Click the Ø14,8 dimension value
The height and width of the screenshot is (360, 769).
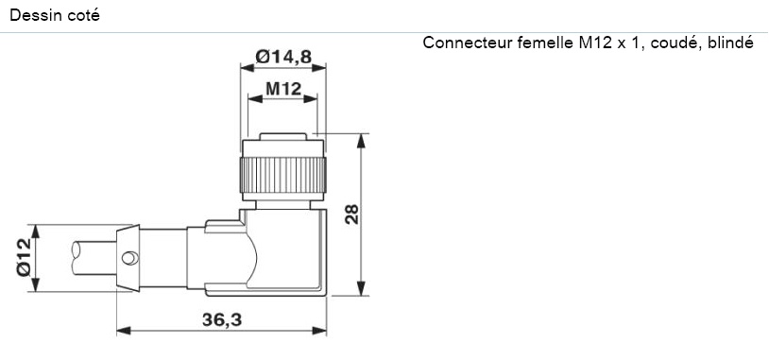283,58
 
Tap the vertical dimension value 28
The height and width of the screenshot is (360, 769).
351,214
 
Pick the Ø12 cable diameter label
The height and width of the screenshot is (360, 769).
23,256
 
